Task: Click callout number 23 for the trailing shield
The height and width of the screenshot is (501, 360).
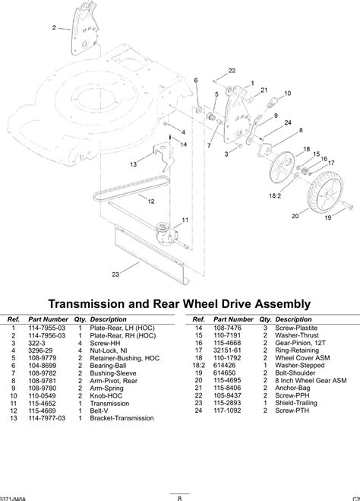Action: pyautogui.click(x=115, y=274)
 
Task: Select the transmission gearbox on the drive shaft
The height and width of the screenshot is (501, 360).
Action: pyautogui.click(x=166, y=234)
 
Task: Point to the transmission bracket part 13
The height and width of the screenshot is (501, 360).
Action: pyautogui.click(x=163, y=157)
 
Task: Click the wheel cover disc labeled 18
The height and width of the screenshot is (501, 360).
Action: pyautogui.click(x=282, y=168)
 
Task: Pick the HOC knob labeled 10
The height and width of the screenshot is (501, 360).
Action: pyautogui.click(x=272, y=102)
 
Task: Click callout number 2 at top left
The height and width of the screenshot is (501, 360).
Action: pyautogui.click(x=54, y=28)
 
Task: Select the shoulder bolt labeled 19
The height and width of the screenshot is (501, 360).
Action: pyautogui.click(x=346, y=205)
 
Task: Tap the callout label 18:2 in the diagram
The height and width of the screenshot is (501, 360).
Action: pyautogui.click(x=275, y=196)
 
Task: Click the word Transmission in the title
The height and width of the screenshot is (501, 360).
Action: pyautogui.click(x=86, y=303)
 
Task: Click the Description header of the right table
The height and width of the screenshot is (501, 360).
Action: pyautogui.click(x=293, y=319)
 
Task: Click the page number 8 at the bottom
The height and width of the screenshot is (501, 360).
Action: pyautogui.click(x=179, y=498)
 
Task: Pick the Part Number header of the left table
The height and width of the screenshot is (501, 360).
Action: pyautogui.click(x=48, y=319)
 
